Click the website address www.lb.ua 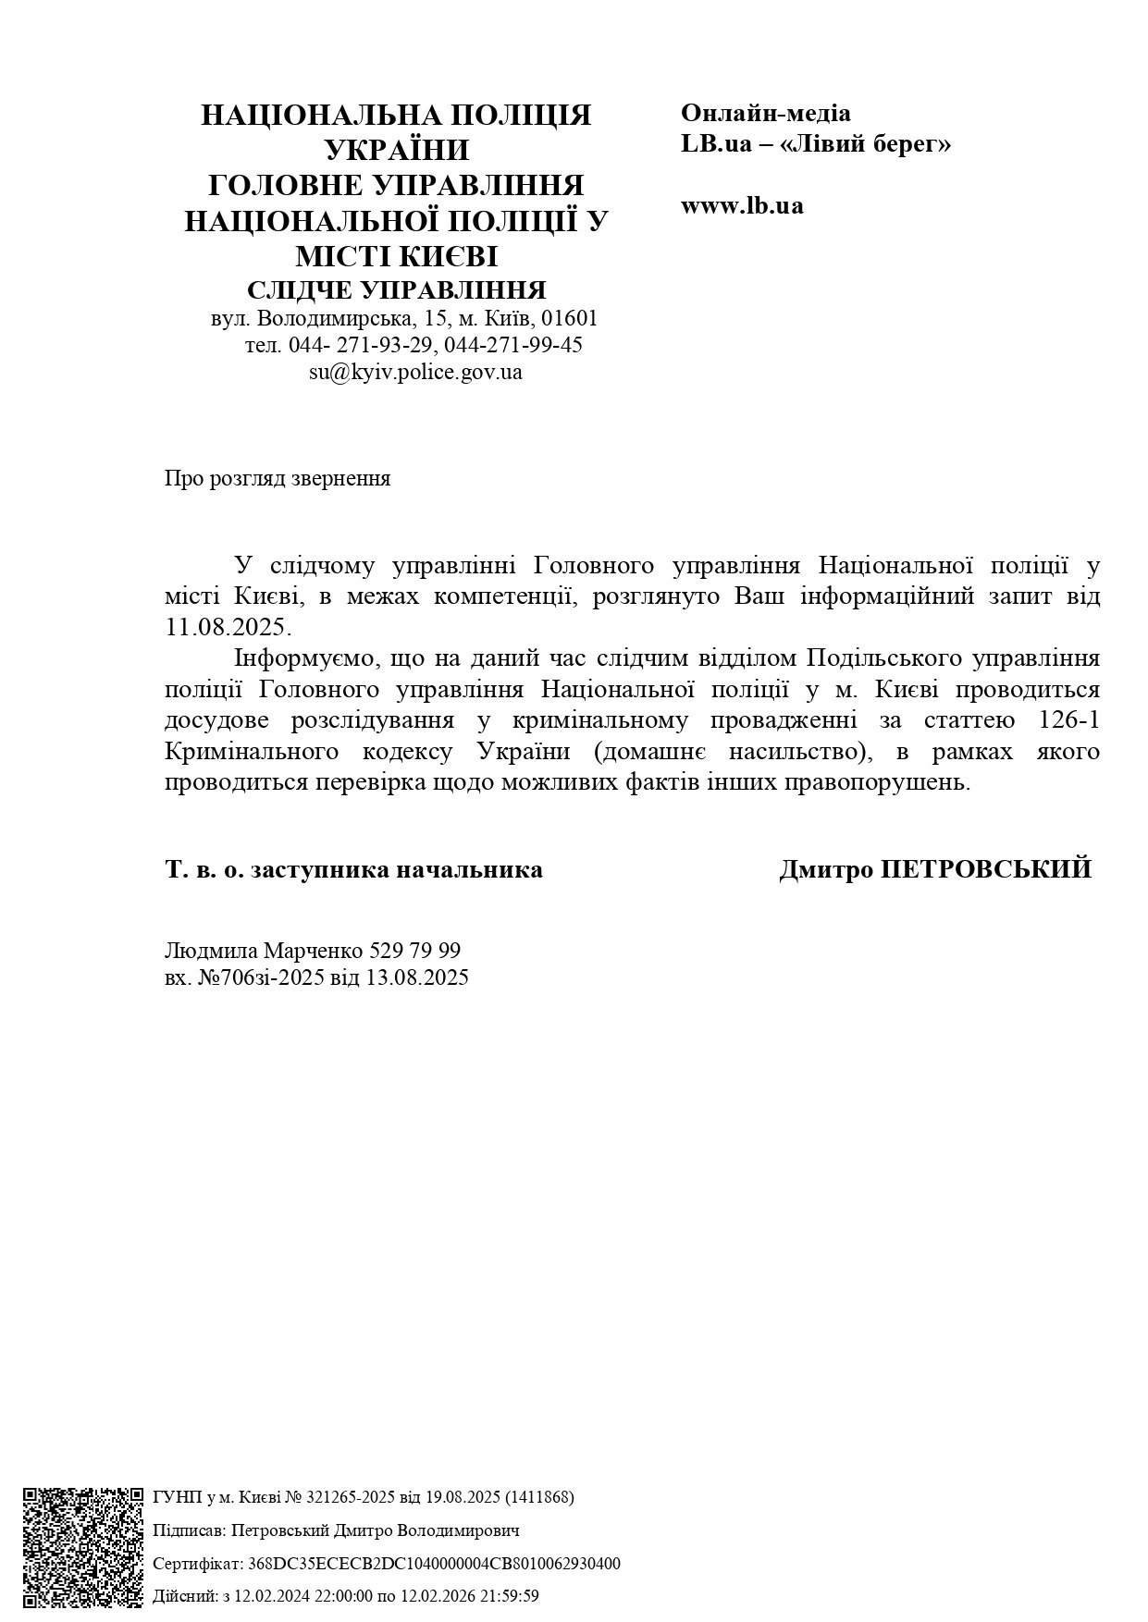tap(742, 205)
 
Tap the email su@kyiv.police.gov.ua tap(415, 372)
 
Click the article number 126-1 tap(1068, 720)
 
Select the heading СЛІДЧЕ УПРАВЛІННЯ tap(397, 289)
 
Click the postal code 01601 tap(570, 318)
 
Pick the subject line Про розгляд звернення tap(278, 478)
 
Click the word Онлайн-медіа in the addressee tap(766, 113)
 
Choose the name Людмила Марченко tap(264, 951)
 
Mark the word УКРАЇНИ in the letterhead tap(397, 149)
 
